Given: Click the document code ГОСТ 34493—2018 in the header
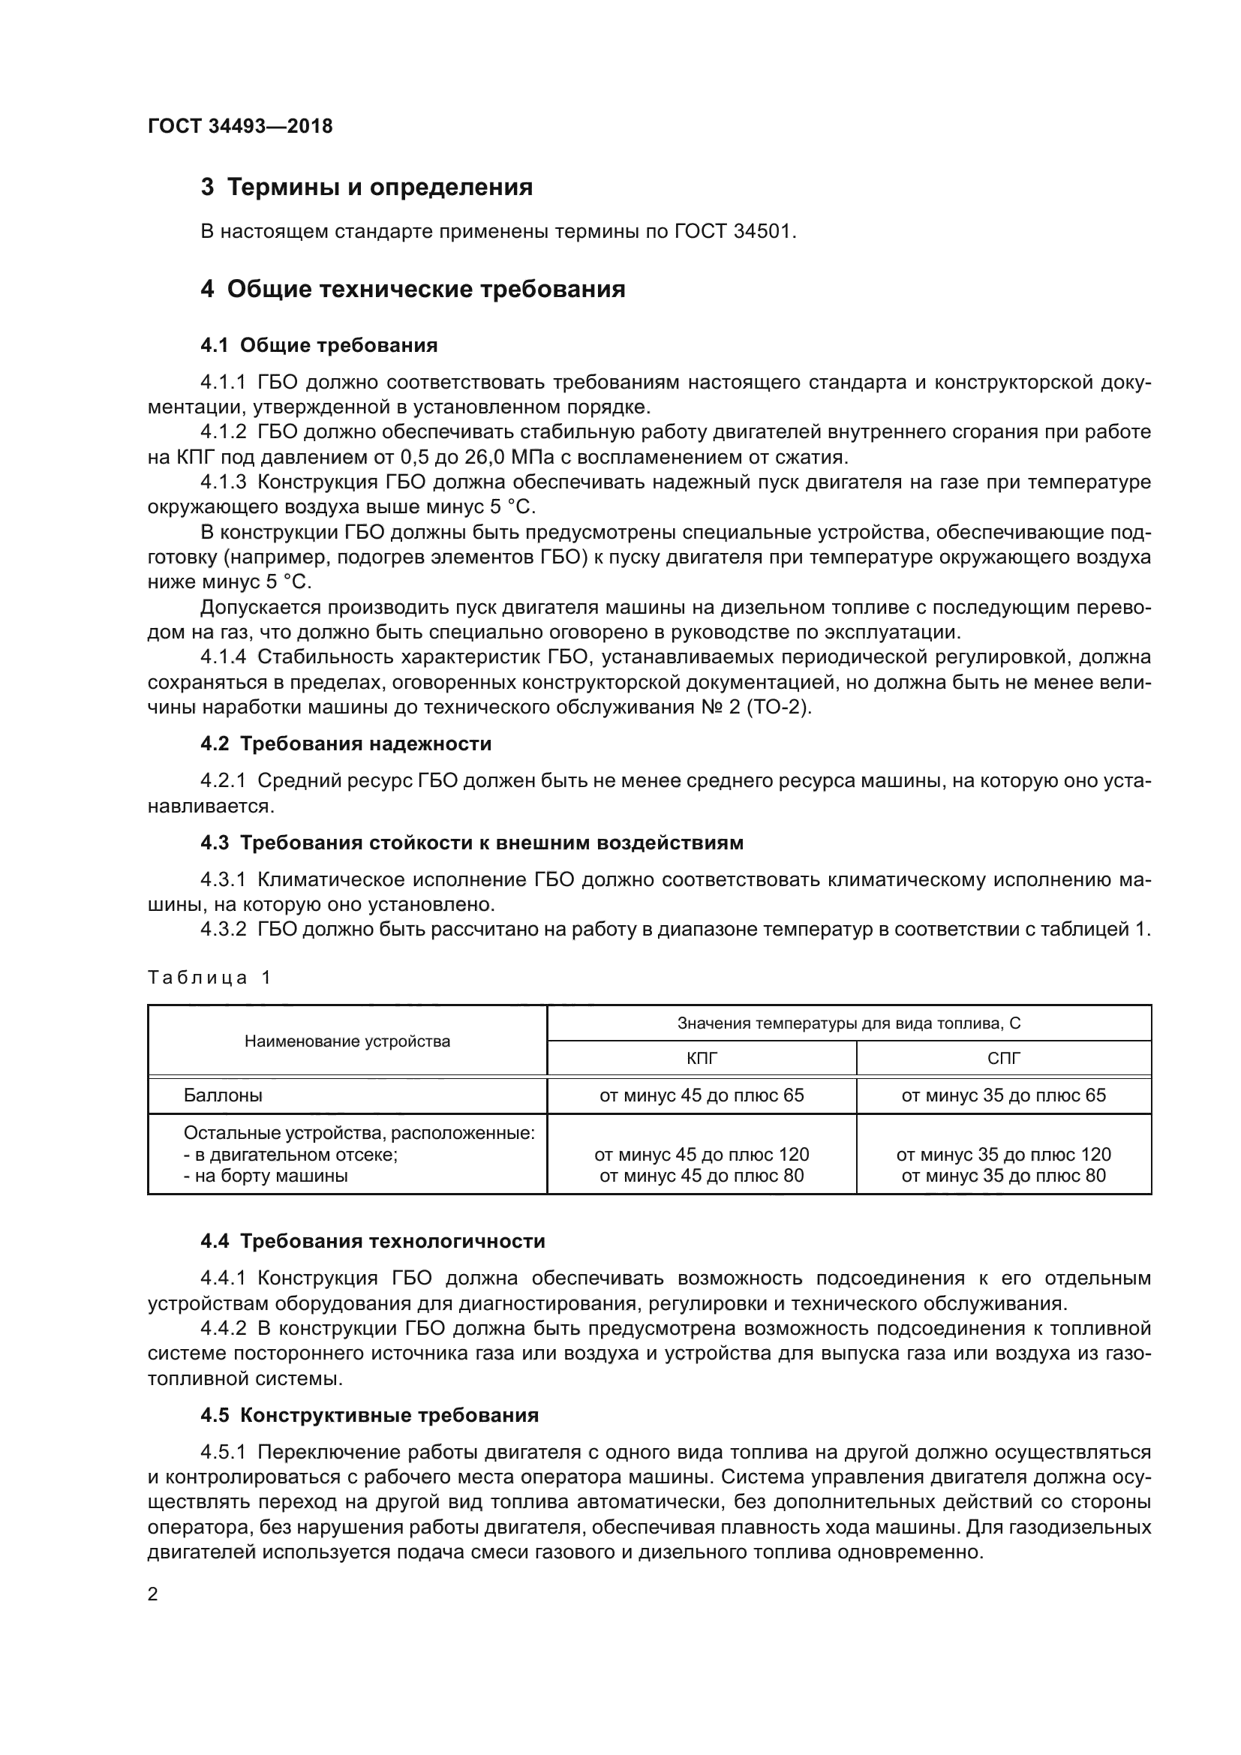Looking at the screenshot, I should pyautogui.click(x=240, y=126).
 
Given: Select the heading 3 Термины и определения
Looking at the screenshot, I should pyautogui.click(x=366, y=188).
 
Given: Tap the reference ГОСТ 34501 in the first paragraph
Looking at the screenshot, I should pyautogui.click(x=735, y=231).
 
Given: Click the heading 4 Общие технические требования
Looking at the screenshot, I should pyautogui.click(x=413, y=290).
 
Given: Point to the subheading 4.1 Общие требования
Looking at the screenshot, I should pyautogui.click(x=319, y=345).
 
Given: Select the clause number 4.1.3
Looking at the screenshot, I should pyautogui.click(x=223, y=482).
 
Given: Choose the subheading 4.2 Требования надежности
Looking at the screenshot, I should pyautogui.click(x=345, y=744).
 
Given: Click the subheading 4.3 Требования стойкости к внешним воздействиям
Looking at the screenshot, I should pyautogui.click(x=471, y=843).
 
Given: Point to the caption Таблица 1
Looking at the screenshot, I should pyautogui.click(x=209, y=978).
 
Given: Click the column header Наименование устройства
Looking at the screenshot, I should pyautogui.click(x=347, y=1041).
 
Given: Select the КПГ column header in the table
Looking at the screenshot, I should pyautogui.click(x=702, y=1059).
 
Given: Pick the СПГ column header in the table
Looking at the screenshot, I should pyautogui.click(x=1003, y=1059).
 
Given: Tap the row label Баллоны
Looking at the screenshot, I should pyautogui.click(x=222, y=1095).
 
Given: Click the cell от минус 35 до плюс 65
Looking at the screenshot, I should pyautogui.click(x=1003, y=1095).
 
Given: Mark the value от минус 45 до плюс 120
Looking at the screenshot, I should pyautogui.click(x=702, y=1154).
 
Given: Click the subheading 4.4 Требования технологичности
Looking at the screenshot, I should pyautogui.click(x=372, y=1241).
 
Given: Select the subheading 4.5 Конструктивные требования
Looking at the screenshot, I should pyautogui.click(x=369, y=1415).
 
